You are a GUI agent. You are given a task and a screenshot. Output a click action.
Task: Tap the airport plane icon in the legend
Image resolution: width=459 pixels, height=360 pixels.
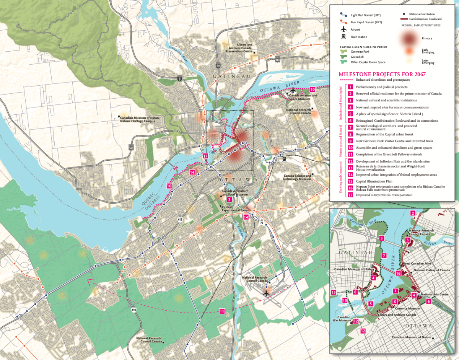coord(343,29)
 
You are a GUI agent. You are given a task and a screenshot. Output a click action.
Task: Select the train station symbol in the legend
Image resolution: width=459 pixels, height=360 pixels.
coord(343,37)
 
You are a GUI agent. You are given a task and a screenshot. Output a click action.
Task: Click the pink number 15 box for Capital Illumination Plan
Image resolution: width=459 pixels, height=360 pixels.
coord(350,181)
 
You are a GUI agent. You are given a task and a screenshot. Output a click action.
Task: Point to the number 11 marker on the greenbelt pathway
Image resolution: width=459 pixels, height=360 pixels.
coord(222,311)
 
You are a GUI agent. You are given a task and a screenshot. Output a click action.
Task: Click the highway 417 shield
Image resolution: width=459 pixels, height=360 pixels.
coord(179,219)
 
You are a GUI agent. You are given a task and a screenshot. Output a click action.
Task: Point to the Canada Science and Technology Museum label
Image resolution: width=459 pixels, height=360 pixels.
coord(297,178)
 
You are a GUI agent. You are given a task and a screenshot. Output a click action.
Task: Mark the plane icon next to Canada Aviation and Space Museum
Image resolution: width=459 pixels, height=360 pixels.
coord(293,90)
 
